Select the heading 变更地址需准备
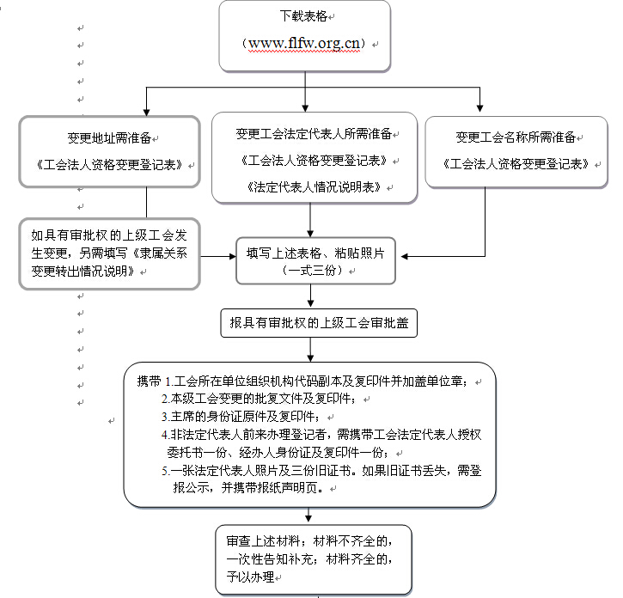pos(112,137)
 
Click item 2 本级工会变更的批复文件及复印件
pos(258,399)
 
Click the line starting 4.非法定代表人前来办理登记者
pos(322,435)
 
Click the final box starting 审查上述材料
pos(313,558)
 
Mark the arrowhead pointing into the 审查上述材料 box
pos(310,519)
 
